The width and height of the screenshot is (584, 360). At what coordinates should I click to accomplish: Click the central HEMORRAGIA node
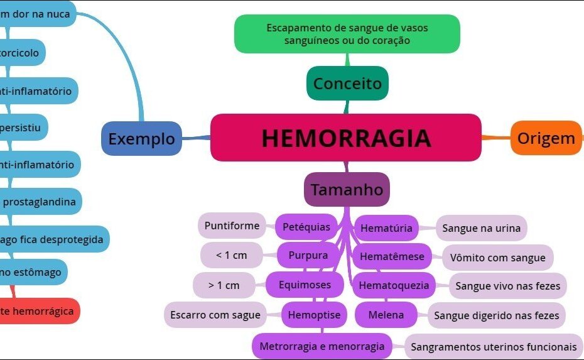click(346, 138)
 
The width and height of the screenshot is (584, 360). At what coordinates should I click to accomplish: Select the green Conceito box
click(347, 83)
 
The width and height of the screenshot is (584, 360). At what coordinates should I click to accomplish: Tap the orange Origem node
click(546, 138)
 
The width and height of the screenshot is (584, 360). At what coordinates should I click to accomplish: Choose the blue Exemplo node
click(142, 139)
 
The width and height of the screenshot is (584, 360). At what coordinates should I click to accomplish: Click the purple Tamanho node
click(347, 189)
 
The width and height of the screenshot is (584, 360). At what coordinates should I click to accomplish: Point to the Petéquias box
click(306, 227)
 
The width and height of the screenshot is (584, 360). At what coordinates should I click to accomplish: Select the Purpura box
click(308, 256)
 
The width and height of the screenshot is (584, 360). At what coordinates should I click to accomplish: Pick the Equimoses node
click(306, 285)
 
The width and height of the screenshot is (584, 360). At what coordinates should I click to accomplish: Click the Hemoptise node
click(314, 315)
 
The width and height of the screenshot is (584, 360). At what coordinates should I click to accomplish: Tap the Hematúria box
click(386, 228)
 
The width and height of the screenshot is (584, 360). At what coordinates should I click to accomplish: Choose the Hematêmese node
click(392, 256)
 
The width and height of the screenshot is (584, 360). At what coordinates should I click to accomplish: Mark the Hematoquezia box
click(394, 285)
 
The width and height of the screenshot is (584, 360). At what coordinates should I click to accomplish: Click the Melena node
click(386, 315)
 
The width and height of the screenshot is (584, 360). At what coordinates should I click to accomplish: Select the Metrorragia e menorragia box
click(322, 346)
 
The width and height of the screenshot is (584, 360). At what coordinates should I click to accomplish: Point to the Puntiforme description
click(232, 226)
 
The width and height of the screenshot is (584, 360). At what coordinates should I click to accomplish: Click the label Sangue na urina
click(482, 228)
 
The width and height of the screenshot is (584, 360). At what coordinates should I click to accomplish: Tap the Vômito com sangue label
click(498, 257)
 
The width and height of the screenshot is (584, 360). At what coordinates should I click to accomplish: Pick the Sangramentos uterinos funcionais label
click(494, 346)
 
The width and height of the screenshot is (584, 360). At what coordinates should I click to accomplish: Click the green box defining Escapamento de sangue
click(347, 34)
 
